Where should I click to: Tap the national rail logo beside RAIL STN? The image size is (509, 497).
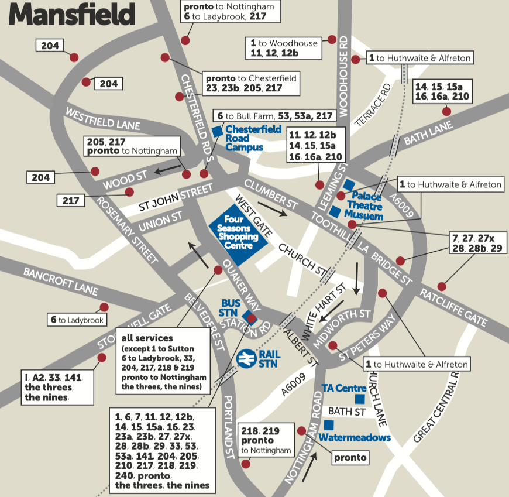[247, 357]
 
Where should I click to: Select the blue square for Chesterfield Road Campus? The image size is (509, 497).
[216, 132]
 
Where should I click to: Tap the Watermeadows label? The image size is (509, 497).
[355, 437]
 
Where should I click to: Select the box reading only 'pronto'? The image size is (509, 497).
[350, 457]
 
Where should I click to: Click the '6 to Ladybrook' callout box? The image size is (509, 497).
[77, 320]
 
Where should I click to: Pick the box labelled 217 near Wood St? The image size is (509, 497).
[71, 201]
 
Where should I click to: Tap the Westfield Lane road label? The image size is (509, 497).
[102, 118]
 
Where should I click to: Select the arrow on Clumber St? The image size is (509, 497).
[273, 210]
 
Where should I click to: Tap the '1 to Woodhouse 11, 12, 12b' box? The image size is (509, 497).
[283, 48]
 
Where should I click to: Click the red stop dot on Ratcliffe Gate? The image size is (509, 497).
[441, 287]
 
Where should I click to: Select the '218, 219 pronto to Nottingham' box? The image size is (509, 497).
[266, 440]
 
